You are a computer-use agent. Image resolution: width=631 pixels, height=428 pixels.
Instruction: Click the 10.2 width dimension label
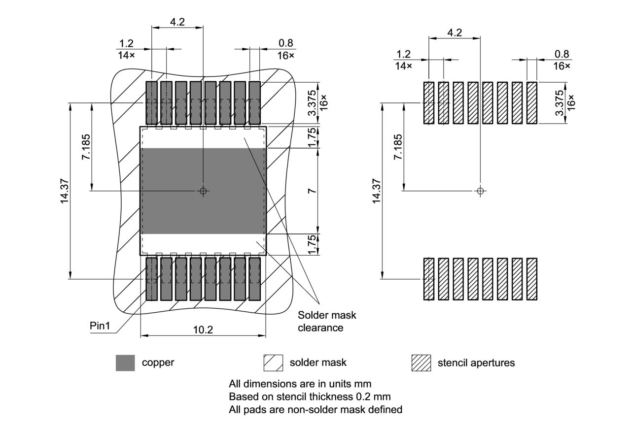[x=203, y=330]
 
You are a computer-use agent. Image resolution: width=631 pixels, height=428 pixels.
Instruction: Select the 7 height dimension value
[x=312, y=191]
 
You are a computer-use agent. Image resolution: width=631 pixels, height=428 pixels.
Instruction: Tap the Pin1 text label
[x=100, y=326]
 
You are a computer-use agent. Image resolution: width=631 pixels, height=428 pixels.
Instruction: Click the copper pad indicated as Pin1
[x=151, y=279]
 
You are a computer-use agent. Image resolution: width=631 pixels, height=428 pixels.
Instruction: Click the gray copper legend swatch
[x=125, y=362]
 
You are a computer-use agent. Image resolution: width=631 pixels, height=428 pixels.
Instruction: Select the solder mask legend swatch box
[x=273, y=362]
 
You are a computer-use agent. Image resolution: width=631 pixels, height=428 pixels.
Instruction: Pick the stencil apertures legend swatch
[x=421, y=362]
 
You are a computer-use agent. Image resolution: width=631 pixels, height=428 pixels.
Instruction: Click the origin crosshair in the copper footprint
[x=203, y=191]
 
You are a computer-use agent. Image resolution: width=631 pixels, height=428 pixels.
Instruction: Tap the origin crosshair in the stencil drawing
[x=481, y=191]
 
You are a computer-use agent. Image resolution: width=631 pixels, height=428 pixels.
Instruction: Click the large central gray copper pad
[x=203, y=191]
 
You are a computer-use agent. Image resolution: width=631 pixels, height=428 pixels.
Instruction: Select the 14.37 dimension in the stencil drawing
[x=377, y=191]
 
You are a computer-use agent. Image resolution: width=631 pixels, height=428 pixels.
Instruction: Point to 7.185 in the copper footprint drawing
[x=86, y=146]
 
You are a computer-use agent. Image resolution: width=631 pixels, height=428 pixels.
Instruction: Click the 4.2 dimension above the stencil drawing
[x=454, y=33]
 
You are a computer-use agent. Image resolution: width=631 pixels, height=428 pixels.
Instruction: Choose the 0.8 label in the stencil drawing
[x=561, y=54]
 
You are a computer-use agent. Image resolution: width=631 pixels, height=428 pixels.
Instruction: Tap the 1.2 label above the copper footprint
[x=127, y=44]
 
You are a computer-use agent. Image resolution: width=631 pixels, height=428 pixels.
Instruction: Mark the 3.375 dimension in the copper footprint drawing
[x=312, y=103]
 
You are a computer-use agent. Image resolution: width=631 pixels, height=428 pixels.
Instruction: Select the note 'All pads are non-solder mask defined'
[x=315, y=409]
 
